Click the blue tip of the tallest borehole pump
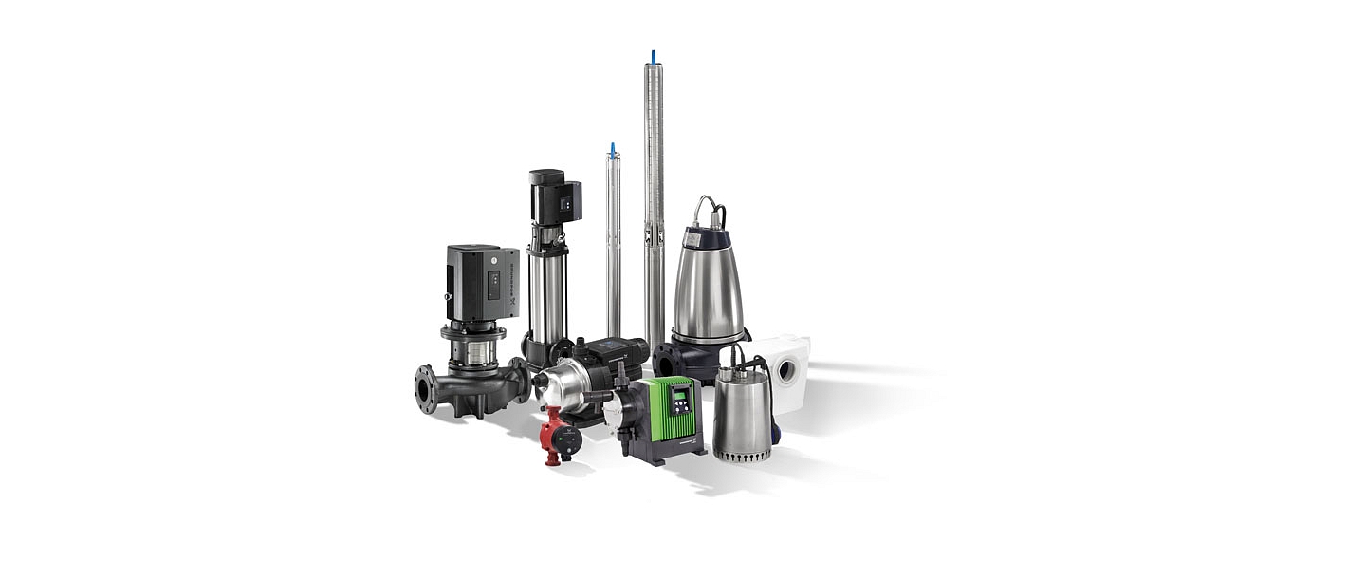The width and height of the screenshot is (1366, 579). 652,56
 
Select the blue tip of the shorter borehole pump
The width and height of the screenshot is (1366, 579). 613,148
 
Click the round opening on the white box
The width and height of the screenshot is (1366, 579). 786,370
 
